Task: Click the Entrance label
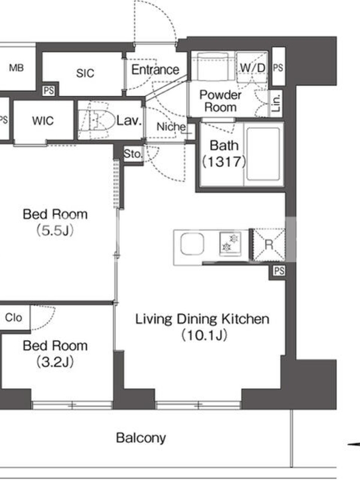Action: pyautogui.click(x=155, y=70)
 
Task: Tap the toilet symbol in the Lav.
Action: pyautogui.click(x=94, y=120)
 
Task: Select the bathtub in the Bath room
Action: pyautogui.click(x=263, y=154)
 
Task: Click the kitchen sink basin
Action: pyautogui.click(x=192, y=244)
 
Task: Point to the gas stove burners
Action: pyautogui.click(x=230, y=243)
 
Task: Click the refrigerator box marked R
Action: pyautogui.click(x=269, y=245)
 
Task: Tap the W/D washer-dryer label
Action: pyautogui.click(x=253, y=68)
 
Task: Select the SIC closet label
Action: pyautogui.click(x=85, y=73)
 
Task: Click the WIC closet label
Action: pyautogui.click(x=43, y=121)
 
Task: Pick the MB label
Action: pyautogui.click(x=16, y=68)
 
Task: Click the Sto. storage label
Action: pyautogui.click(x=133, y=154)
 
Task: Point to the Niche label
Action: pyautogui.click(x=171, y=127)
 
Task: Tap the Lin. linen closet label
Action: pyautogui.click(x=277, y=103)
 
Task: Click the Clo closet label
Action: pyautogui.click(x=13, y=317)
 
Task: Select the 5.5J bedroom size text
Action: pyautogui.click(x=55, y=230)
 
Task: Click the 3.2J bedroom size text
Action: pyautogui.click(x=55, y=362)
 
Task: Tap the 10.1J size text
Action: pyautogui.click(x=204, y=335)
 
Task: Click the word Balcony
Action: pyautogui.click(x=141, y=438)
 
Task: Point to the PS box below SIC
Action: pyautogui.click(x=49, y=91)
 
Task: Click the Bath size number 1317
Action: pyautogui.click(x=224, y=161)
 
